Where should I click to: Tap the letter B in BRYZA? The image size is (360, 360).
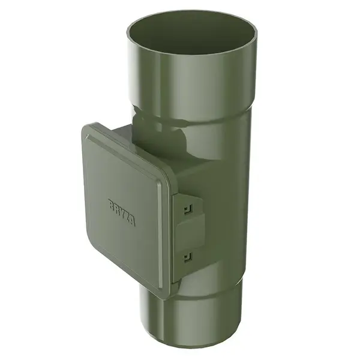pos(112,204)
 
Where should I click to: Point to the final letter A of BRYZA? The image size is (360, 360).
pos(131,221)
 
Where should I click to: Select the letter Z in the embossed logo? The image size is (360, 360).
pos(127,216)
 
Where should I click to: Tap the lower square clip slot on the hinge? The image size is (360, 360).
pos(188,257)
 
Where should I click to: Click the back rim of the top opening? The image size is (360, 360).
pos(192,13)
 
